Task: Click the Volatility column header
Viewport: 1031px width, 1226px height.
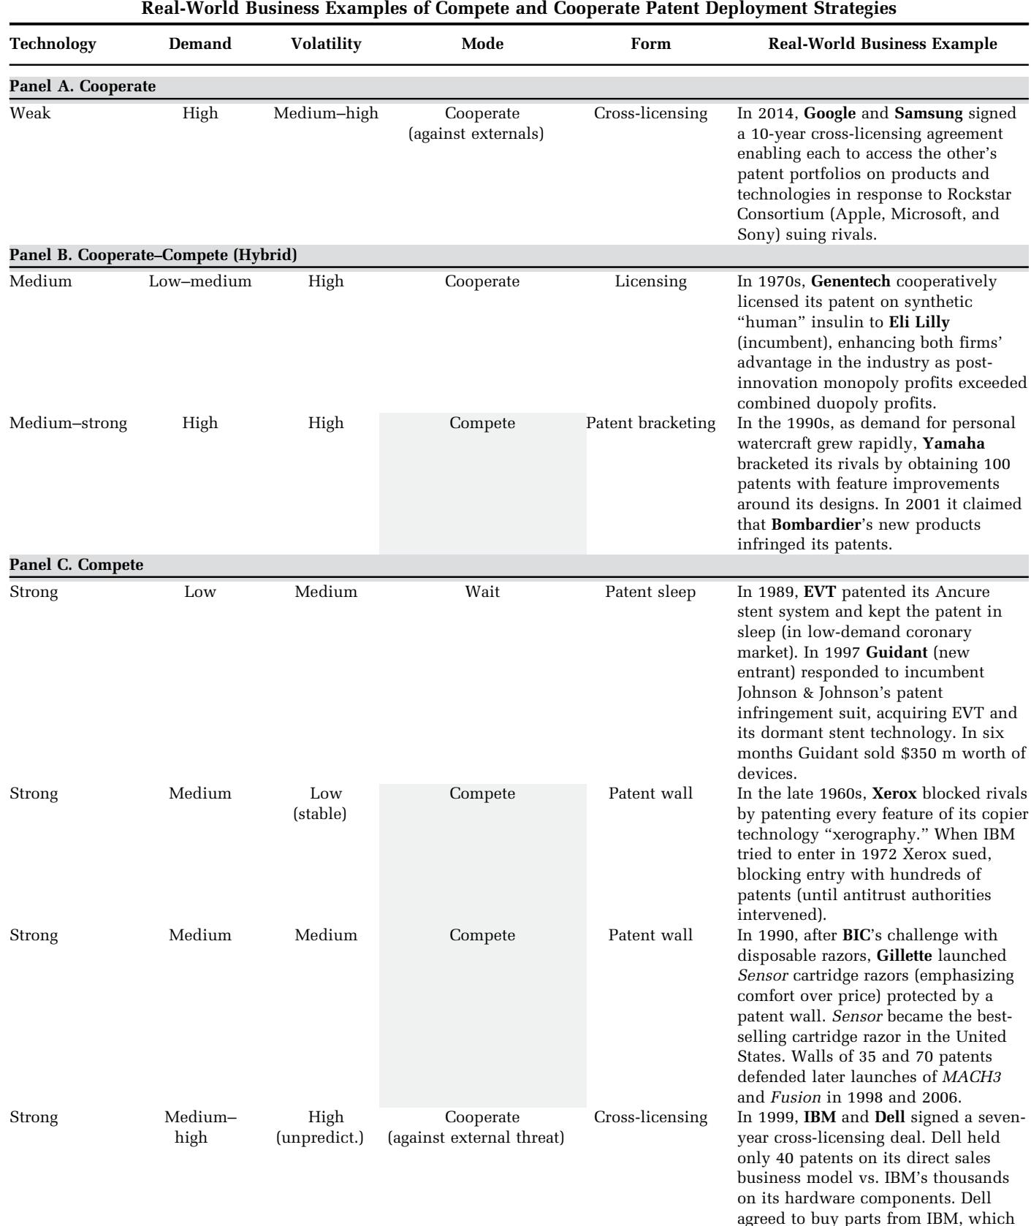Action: [326, 44]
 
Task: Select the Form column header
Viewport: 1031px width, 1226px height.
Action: [650, 44]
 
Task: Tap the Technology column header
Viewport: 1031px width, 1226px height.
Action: [53, 44]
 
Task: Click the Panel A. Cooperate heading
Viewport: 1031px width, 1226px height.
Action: [83, 87]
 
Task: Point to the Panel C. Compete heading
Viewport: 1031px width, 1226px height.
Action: [77, 565]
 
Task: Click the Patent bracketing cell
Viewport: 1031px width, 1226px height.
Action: [650, 423]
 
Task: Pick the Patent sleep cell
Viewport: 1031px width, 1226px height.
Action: [650, 592]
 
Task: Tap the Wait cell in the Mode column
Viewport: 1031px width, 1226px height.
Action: [482, 592]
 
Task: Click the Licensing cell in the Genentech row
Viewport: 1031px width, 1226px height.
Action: [650, 281]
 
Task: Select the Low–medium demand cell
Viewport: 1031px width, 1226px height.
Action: [200, 281]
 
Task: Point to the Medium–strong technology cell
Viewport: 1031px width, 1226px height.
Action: [68, 423]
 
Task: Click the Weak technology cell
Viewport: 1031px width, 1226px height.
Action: [30, 113]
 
